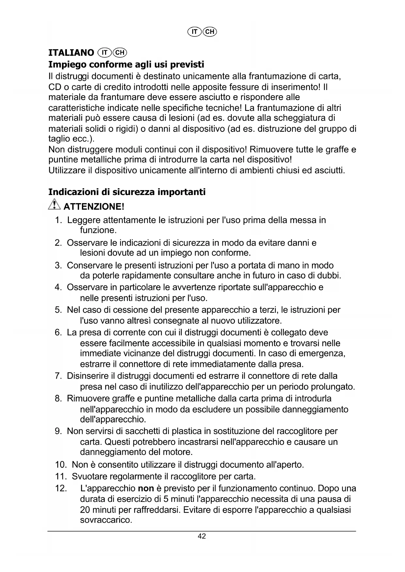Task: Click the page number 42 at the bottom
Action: [202, 536]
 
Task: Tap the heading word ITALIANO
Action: [71, 53]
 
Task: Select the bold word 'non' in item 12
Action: [146, 489]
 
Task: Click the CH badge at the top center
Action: [210, 32]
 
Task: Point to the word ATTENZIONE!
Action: [94, 207]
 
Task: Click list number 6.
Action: [58, 333]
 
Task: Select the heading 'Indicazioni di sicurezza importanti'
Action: [127, 192]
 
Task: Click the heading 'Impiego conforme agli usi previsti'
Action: [126, 64]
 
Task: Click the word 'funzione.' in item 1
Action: [98, 231]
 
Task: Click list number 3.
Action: [58, 265]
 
